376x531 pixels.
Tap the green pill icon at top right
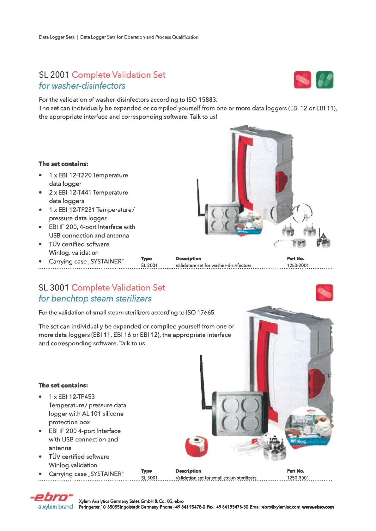pos(325,80)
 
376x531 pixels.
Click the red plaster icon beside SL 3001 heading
pos(324,293)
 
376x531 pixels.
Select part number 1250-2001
pos(298,265)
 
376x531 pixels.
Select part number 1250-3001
pos(298,478)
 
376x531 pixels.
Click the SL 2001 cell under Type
pos(149,265)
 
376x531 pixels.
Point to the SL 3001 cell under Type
pos(149,478)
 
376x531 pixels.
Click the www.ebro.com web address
pos(318,507)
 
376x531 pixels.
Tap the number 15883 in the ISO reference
pos(207,100)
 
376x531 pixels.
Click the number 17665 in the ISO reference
pos(206,313)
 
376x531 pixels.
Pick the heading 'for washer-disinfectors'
pos(82,86)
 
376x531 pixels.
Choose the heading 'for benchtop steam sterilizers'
pos(95,299)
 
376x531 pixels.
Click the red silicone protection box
pos(197,446)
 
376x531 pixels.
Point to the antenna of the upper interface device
pos(198,196)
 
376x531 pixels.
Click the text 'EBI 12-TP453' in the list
pos(76,397)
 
